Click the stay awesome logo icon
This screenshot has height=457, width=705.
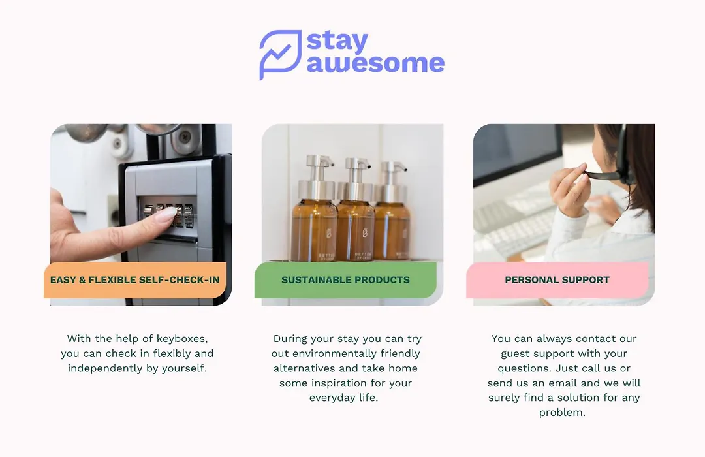tap(279, 54)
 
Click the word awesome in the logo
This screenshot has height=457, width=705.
tap(375, 63)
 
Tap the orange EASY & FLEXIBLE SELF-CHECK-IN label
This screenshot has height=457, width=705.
tap(135, 280)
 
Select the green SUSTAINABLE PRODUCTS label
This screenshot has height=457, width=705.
tap(345, 280)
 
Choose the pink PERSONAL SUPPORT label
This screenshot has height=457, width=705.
tap(557, 280)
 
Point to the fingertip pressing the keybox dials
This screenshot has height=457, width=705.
tap(168, 215)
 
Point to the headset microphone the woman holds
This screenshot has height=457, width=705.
tap(603, 174)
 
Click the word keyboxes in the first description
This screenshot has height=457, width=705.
tap(182, 339)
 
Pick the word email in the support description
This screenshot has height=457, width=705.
tap(564, 383)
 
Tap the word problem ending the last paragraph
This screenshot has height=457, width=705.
tap(562, 413)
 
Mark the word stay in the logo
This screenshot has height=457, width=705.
tap(337, 42)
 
